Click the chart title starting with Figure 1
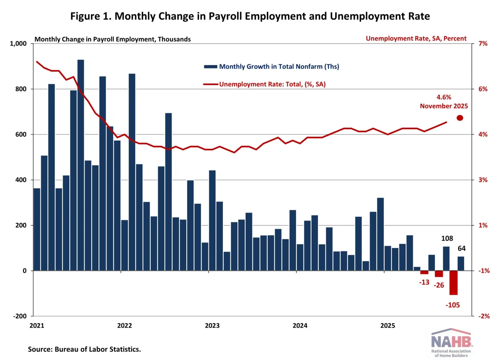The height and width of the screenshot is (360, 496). point(250,17)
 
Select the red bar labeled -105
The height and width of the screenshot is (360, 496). point(453,283)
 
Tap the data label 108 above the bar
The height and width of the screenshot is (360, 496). point(447,239)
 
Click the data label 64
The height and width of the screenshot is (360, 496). point(461,248)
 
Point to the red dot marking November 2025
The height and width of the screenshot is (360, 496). point(460,118)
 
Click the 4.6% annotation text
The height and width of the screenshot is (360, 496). point(444,97)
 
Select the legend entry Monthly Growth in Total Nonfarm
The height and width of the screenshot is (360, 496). point(271,67)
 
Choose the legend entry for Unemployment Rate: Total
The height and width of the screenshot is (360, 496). point(265,84)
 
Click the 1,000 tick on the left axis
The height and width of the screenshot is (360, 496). point(18,44)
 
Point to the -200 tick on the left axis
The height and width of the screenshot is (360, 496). point(20,316)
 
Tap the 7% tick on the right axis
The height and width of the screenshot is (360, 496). point(483,44)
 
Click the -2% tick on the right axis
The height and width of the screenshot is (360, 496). point(484,316)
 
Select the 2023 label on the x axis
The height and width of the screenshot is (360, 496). point(212,325)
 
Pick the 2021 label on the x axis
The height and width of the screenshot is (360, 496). point(37,325)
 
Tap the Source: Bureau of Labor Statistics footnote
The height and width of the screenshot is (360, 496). point(84,349)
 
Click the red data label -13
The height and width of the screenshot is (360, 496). point(424,282)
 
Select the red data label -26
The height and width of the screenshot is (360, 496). point(439,285)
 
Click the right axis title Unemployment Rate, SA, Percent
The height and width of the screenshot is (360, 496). point(416,38)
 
